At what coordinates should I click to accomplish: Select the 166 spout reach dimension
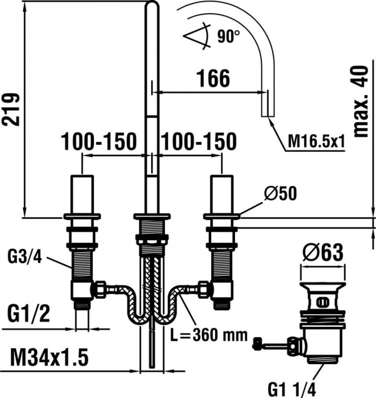(213, 79)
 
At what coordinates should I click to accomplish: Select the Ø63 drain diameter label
(323, 253)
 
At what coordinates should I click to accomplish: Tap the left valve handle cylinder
(82, 194)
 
